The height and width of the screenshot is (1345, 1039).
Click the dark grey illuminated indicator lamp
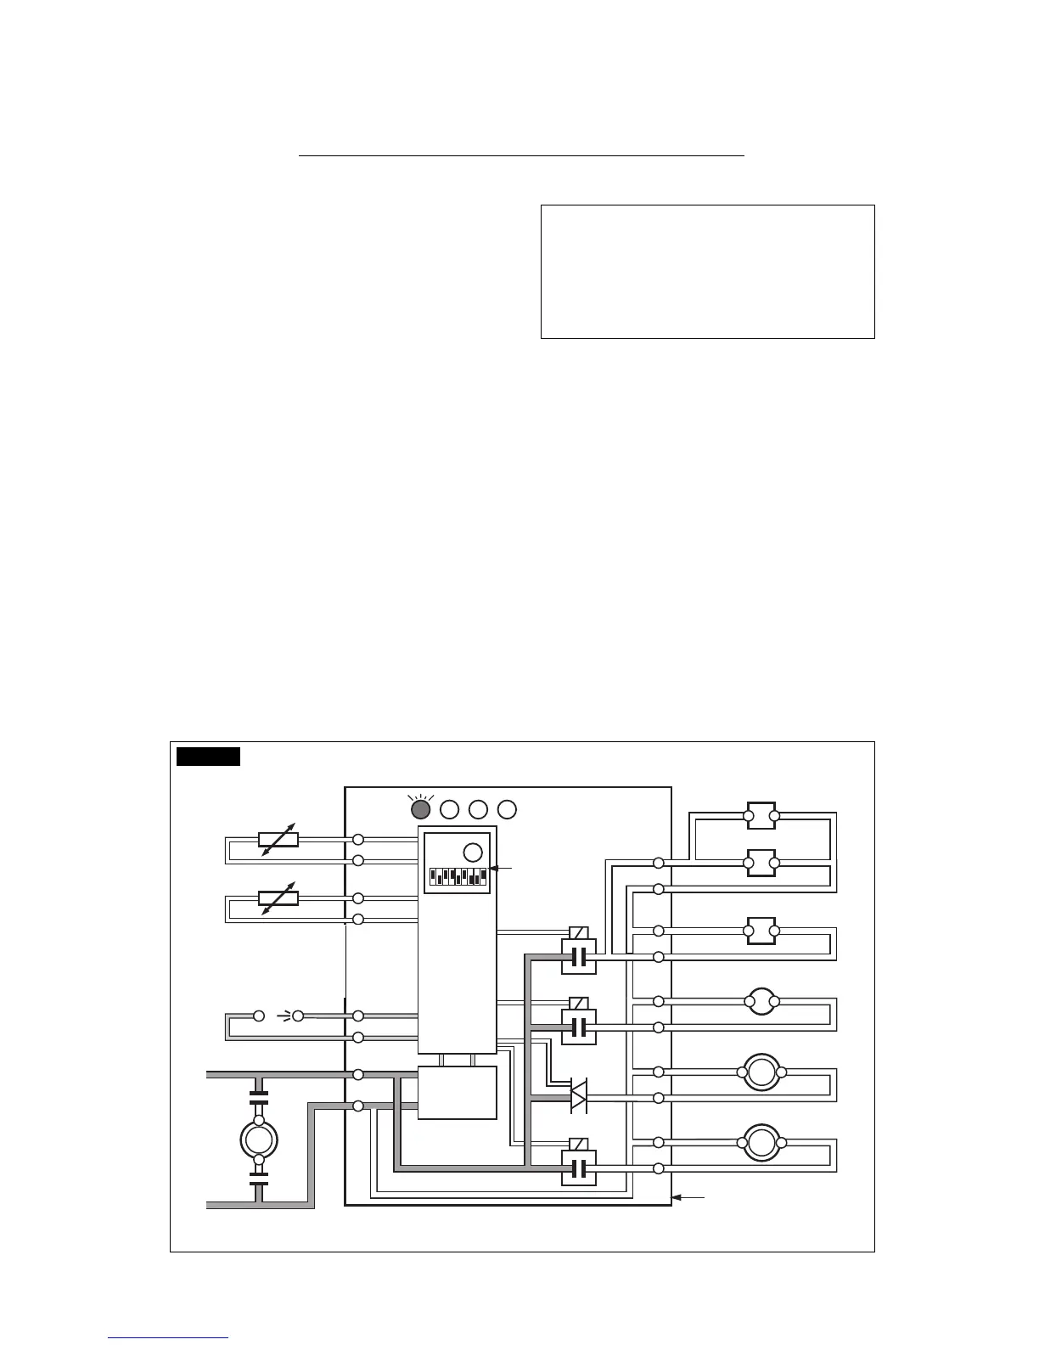click(x=421, y=808)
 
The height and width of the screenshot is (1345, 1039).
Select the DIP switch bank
click(x=458, y=875)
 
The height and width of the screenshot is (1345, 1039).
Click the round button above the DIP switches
click(x=473, y=852)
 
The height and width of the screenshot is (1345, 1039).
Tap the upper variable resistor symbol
click(x=278, y=840)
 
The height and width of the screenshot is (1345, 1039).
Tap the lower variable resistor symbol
click(x=278, y=898)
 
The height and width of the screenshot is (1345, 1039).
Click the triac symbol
click(x=578, y=1096)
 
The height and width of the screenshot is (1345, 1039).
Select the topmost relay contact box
click(x=579, y=957)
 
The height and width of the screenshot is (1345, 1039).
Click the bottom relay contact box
click(x=579, y=1168)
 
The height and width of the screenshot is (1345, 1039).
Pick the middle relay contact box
click(x=579, y=1027)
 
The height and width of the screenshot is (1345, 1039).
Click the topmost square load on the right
click(x=761, y=818)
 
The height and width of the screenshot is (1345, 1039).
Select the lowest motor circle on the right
click(x=761, y=1143)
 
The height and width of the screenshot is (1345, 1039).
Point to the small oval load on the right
click(x=761, y=1003)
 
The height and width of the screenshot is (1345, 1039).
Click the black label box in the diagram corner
click(x=208, y=756)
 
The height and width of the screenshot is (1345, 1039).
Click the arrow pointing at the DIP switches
click(x=502, y=868)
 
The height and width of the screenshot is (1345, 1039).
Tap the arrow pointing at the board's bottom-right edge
click(x=688, y=1197)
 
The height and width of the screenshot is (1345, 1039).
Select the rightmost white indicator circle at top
click(x=507, y=808)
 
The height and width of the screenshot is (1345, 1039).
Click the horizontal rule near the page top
click(x=521, y=156)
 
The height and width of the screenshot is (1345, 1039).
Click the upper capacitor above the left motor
click(x=259, y=1096)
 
